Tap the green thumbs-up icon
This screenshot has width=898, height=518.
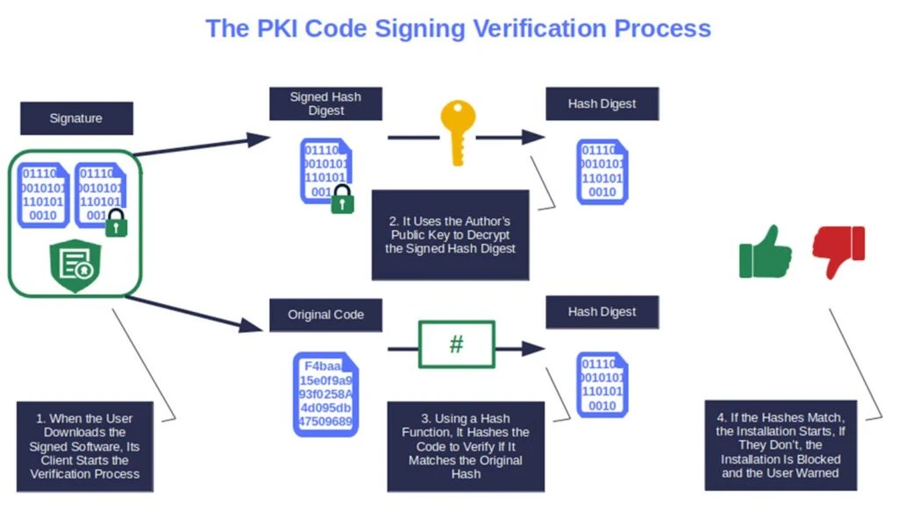coord(759,252)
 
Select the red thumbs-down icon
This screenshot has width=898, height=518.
coord(838,252)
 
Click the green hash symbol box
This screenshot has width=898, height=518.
coord(456,344)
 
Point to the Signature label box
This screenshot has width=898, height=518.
coord(76,118)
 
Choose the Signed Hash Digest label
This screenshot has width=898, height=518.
coord(325,103)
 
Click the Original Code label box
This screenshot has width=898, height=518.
coord(325,315)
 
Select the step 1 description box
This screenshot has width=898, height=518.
coord(85,445)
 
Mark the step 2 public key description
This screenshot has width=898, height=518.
coord(450,235)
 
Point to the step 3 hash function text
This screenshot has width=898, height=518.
coord(467,445)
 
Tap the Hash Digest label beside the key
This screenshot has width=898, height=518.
coord(602,103)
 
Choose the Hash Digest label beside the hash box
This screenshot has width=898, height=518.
coord(602,312)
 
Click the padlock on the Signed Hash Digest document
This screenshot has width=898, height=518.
coord(342,201)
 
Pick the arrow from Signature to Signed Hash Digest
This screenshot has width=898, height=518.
coord(202,145)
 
